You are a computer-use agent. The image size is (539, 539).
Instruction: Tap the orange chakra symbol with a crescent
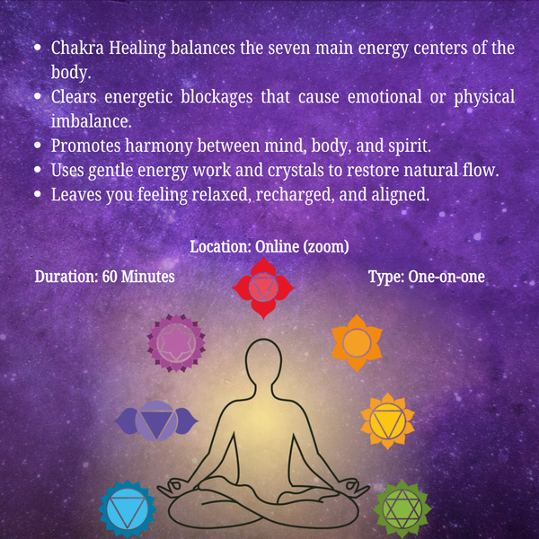(357, 341)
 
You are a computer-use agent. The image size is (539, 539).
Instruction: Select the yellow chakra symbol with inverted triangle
(387, 420)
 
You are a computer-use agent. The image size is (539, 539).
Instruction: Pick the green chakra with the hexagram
(402, 509)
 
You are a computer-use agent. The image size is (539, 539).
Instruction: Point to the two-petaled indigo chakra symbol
(156, 420)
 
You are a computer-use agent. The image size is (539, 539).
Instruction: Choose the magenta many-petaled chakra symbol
(176, 341)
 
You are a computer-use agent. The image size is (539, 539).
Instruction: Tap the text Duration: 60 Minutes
(104, 277)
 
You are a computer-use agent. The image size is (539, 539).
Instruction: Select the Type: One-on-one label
(427, 277)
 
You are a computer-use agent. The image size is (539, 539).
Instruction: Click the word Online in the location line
(281, 246)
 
